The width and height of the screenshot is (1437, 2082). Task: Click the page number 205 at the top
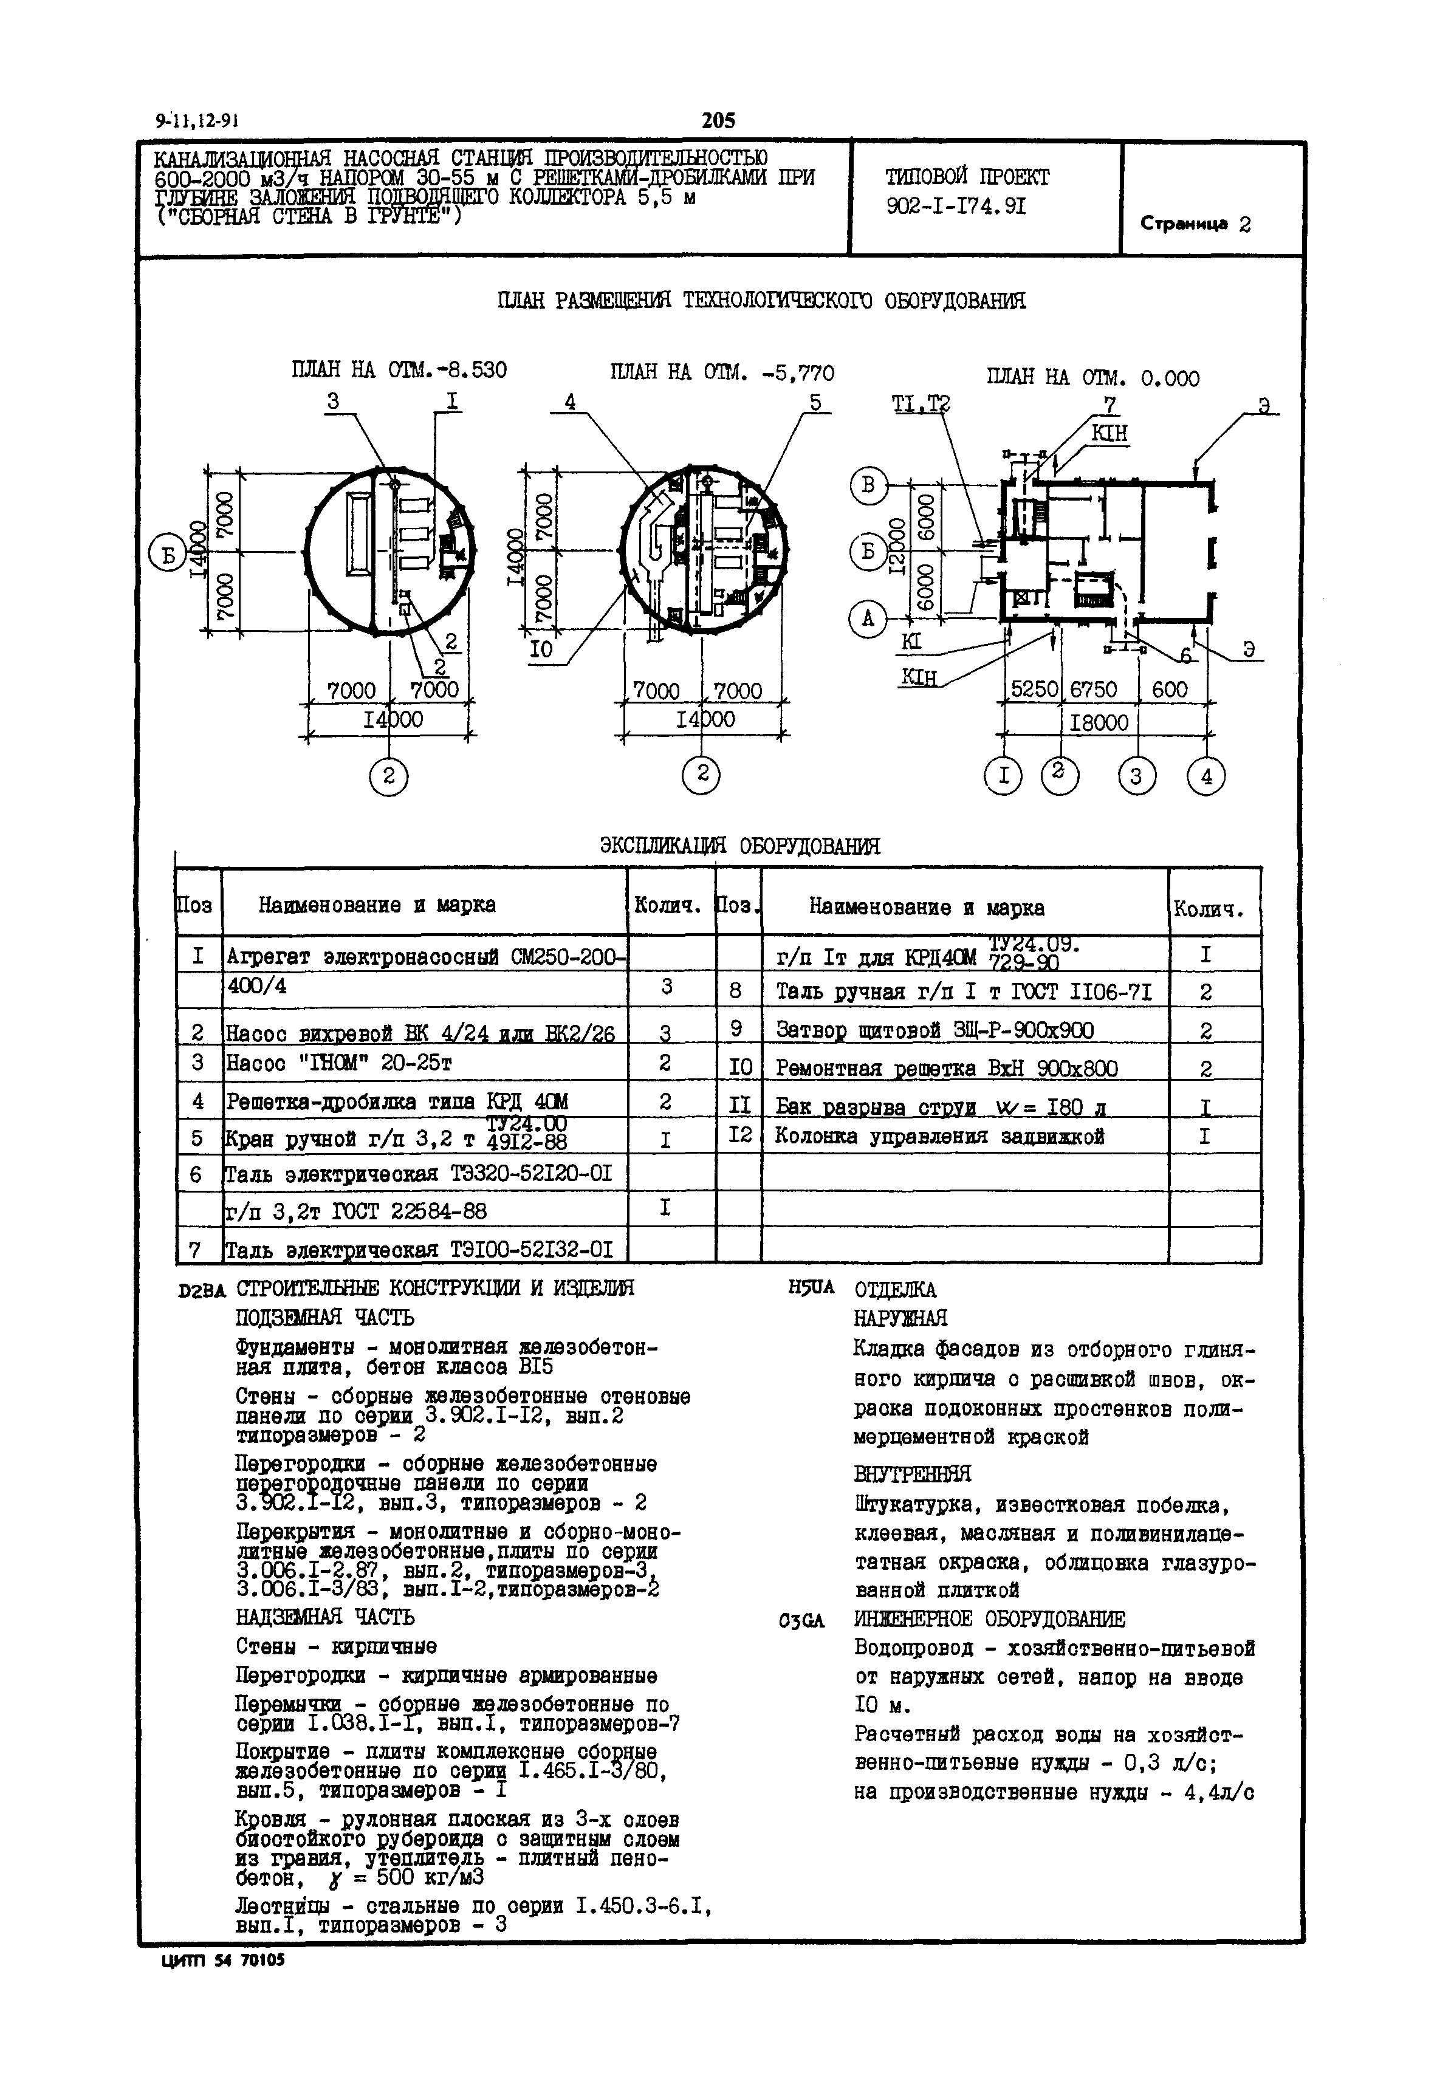pos(718,120)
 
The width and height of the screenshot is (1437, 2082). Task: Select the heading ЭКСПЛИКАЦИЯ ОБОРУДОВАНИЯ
pos(739,846)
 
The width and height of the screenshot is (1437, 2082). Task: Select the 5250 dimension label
pos(1035,690)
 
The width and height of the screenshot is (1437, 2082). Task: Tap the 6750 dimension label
pos(1093,690)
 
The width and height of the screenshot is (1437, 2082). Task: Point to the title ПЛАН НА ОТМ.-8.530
pos(399,370)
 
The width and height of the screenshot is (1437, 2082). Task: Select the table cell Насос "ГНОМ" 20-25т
pos(338,1063)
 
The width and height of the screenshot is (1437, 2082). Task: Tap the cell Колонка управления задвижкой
pos(939,1137)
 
